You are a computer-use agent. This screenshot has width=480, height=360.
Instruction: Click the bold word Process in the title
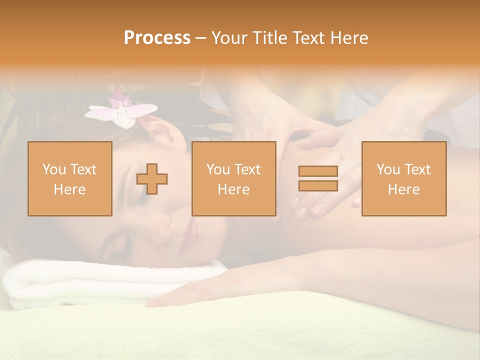click(x=157, y=37)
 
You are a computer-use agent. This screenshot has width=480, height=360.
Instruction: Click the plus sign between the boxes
click(x=152, y=178)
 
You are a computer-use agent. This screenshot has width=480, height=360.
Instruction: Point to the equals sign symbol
click(x=318, y=178)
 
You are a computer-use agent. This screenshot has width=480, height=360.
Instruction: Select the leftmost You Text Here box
click(x=70, y=178)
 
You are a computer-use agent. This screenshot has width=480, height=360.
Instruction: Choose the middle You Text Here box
click(x=234, y=178)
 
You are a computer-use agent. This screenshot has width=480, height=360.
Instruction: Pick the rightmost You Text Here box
click(x=404, y=178)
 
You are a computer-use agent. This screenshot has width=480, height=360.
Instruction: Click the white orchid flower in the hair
click(x=121, y=110)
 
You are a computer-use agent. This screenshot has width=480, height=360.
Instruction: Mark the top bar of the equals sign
click(x=318, y=171)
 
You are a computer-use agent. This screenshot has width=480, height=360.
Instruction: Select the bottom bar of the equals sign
click(x=318, y=185)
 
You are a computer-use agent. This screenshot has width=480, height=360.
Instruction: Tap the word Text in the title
click(x=309, y=37)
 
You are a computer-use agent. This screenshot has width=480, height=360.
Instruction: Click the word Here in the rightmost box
click(x=404, y=189)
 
